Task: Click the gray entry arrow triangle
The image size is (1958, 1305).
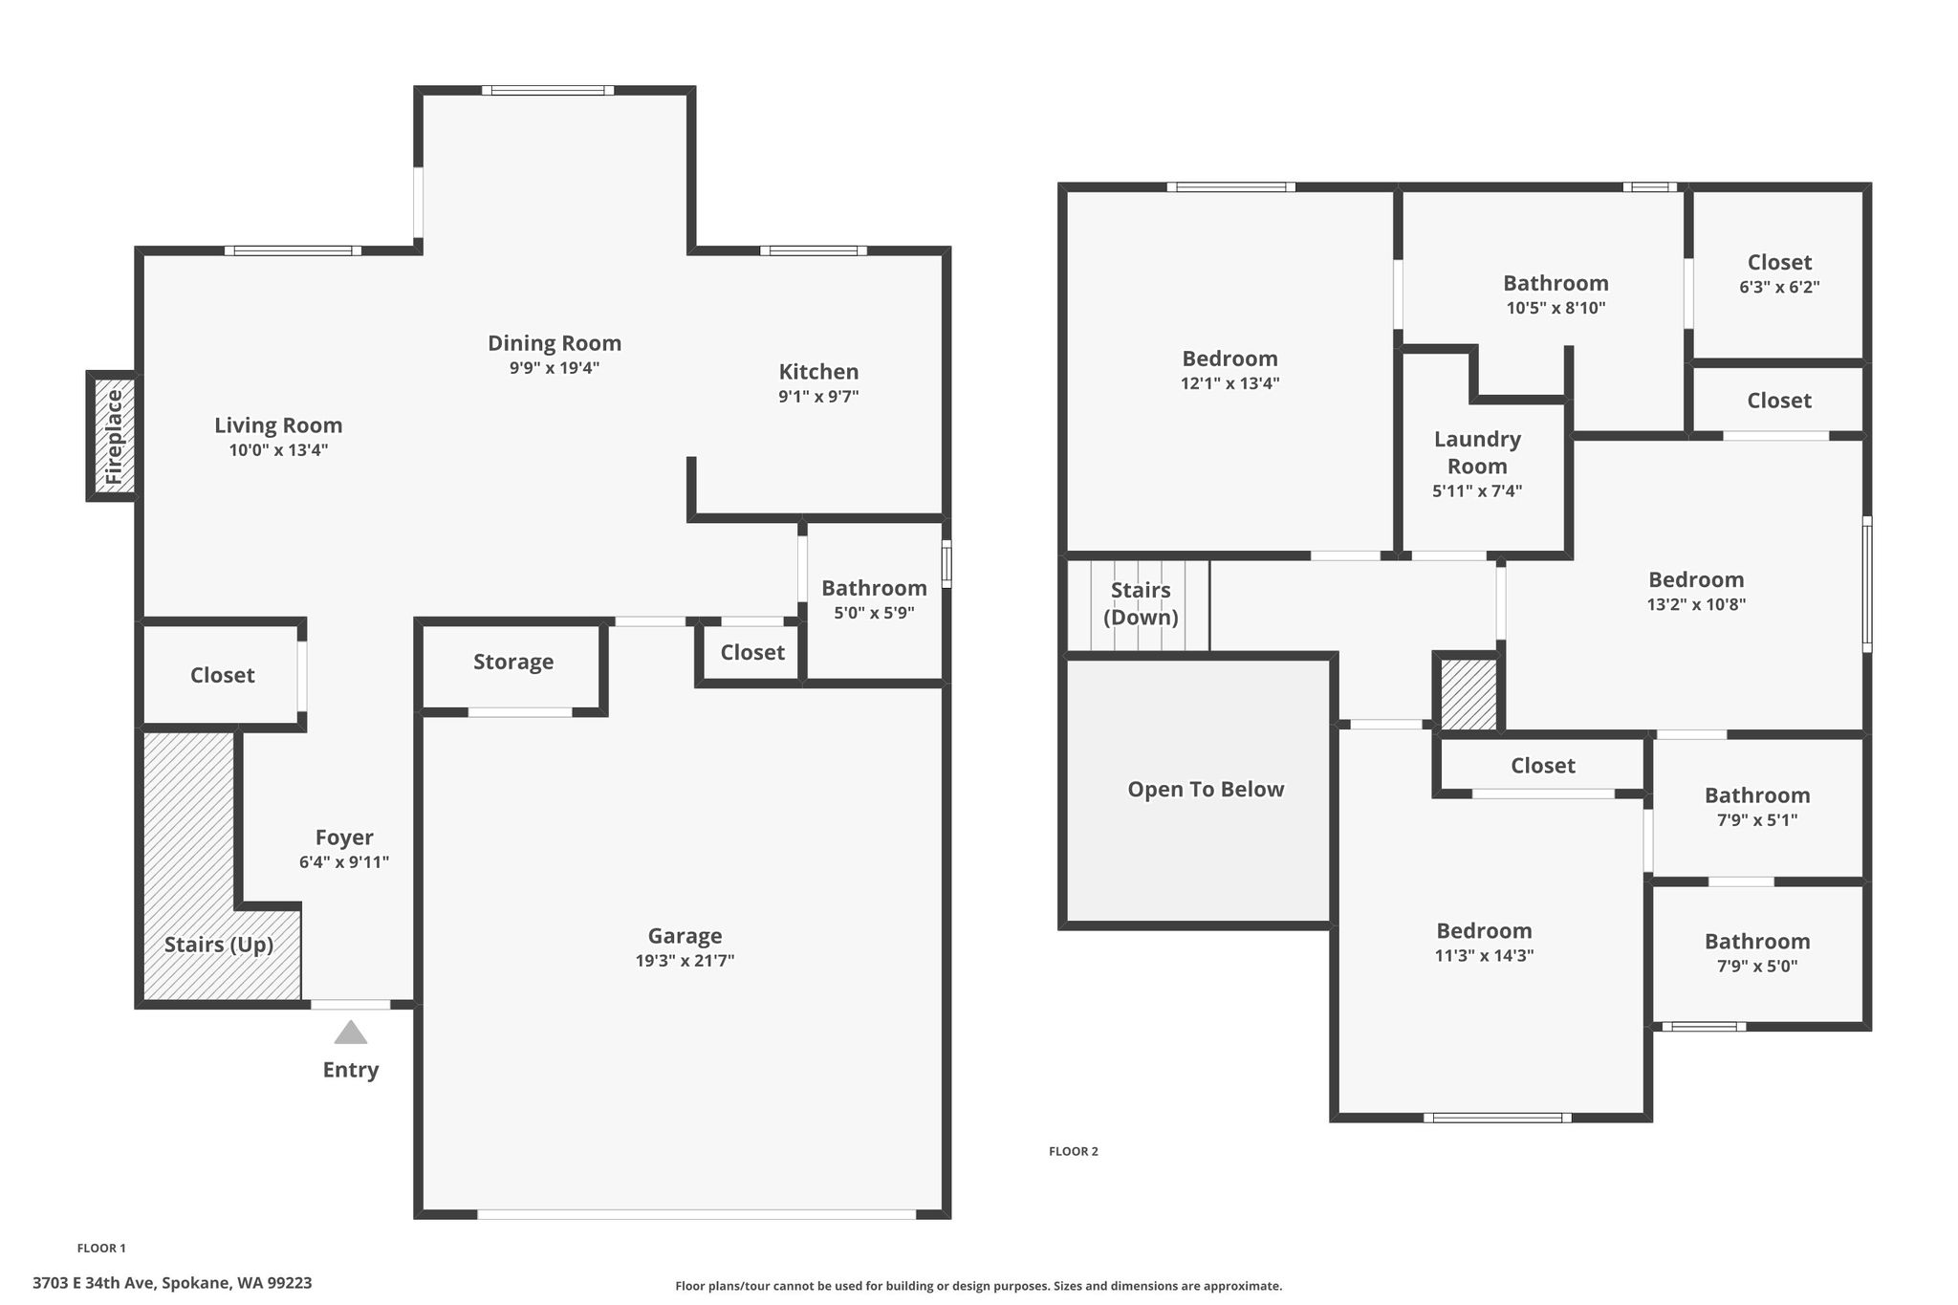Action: (351, 1033)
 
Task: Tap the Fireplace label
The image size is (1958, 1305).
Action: (114, 436)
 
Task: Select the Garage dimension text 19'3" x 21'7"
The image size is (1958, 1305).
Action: (685, 961)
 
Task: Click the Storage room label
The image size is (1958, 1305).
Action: (513, 662)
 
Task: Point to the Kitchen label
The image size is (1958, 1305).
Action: (818, 372)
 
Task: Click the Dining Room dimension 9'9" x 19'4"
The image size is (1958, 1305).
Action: (555, 368)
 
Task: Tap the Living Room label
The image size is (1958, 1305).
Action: (278, 425)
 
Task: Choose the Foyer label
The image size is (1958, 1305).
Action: (344, 838)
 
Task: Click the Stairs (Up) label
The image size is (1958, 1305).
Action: (219, 946)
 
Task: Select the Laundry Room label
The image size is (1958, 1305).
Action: (1477, 452)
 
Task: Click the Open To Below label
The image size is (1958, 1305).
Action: (1206, 790)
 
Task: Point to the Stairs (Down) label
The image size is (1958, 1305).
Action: (1141, 603)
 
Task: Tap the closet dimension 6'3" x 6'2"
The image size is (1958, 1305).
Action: (1779, 287)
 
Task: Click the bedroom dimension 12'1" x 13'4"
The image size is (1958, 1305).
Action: (1229, 383)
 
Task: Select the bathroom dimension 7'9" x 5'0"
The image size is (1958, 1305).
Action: (1757, 966)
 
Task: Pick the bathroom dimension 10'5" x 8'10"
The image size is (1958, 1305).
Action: (1556, 308)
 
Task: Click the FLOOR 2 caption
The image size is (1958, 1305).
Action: (1074, 1151)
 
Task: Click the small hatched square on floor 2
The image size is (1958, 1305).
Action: (1468, 695)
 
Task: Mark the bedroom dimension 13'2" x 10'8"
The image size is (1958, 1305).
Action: (1696, 604)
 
